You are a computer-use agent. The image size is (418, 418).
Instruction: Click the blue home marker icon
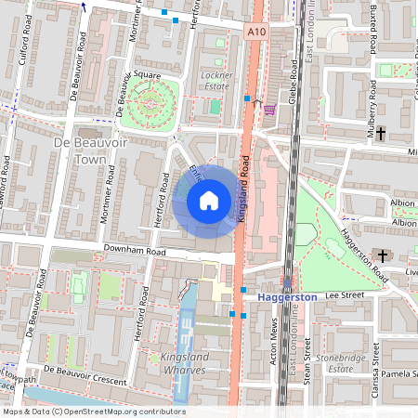tap(209, 200)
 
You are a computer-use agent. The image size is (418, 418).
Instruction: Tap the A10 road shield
tap(257, 33)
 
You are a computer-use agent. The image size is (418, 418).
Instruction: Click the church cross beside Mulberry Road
tap(381, 134)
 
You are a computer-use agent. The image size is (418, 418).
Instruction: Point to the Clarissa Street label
tap(375, 366)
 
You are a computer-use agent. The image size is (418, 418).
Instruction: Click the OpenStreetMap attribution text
tap(93, 411)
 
